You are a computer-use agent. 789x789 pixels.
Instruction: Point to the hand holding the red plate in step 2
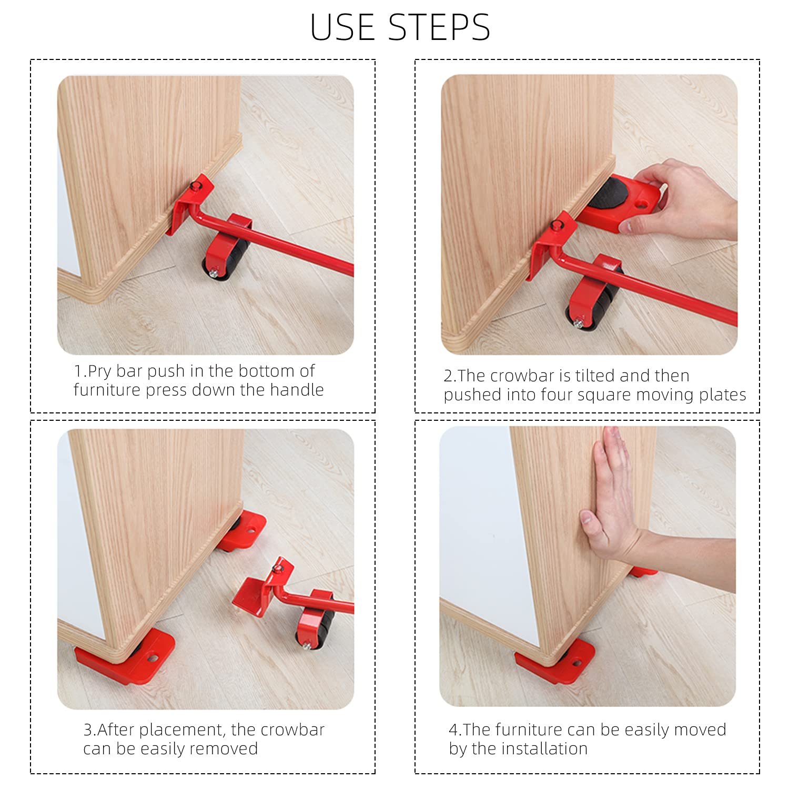(x=678, y=200)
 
